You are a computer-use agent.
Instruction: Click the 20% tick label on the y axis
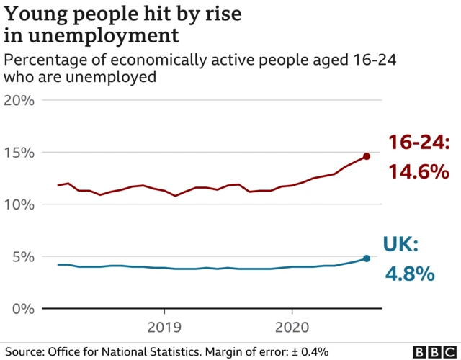(19, 100)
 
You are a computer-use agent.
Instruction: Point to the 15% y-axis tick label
(19, 153)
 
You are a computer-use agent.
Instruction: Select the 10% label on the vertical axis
(19, 204)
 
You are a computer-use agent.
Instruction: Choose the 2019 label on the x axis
(164, 328)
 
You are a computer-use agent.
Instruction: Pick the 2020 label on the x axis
(292, 328)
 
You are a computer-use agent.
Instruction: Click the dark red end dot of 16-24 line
(367, 156)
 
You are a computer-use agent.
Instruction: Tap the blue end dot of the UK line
(367, 258)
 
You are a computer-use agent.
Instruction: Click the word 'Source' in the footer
(22, 351)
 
